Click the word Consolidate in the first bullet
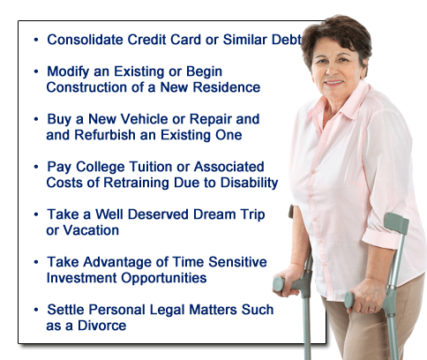(85, 40)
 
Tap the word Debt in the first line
(287, 40)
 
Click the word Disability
(250, 183)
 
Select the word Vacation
(91, 230)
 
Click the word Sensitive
(237, 262)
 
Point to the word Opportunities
(164, 278)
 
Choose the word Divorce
(101, 326)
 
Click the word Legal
(167, 310)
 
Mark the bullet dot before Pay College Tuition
(36, 167)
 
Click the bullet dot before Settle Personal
(36, 310)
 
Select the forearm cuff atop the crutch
(396, 222)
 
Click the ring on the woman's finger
(371, 309)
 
